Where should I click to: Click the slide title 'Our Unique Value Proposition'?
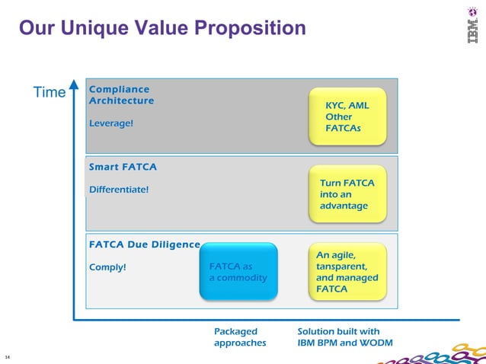[x=161, y=29]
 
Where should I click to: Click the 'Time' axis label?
[x=50, y=92]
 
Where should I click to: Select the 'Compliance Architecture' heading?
[x=121, y=95]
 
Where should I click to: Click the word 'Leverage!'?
[x=110, y=123]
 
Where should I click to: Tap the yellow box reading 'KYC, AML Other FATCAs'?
[x=347, y=117]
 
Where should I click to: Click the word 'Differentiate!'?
[x=119, y=189]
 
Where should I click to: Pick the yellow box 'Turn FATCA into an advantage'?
[x=347, y=194]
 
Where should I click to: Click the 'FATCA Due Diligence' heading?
[x=144, y=245]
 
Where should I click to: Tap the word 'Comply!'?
[x=107, y=267]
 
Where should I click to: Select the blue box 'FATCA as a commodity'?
[x=238, y=272]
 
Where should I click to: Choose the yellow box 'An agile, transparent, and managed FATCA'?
[x=347, y=272]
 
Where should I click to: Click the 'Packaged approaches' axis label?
[x=240, y=337]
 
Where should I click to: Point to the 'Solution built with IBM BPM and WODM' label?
[x=344, y=337]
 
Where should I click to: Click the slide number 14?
[x=7, y=356]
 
